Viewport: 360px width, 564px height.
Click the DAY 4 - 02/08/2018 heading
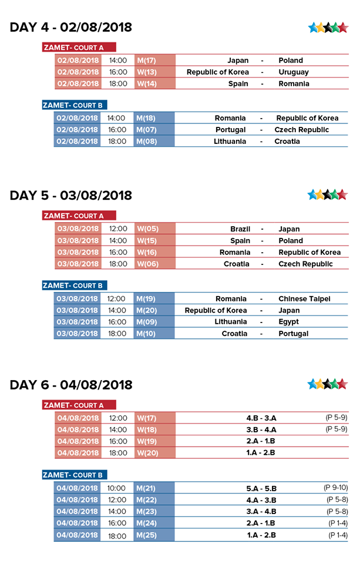coord(70,28)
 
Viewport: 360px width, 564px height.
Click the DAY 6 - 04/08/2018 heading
coord(70,385)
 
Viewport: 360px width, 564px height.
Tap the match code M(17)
coord(146,61)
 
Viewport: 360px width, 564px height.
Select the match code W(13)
coord(146,72)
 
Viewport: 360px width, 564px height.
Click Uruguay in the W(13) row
coord(294,72)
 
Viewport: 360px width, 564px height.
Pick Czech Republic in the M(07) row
coord(301,130)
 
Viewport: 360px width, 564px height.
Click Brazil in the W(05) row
coord(240,229)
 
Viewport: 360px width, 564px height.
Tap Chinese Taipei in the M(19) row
coord(304,299)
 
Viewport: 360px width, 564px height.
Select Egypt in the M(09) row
coord(288,322)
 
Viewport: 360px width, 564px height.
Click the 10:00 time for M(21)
coord(116,488)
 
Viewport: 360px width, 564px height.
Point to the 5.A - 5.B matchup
coord(261,488)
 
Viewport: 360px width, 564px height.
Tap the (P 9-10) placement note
coord(335,488)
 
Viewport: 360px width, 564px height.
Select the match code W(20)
coord(147,453)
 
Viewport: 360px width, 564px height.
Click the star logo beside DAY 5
coord(328,194)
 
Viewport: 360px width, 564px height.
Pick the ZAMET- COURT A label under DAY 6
coord(79,405)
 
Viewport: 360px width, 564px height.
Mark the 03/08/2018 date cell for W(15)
coord(78,241)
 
